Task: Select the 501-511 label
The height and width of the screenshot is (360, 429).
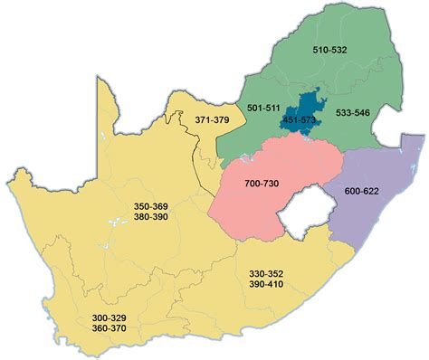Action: pyautogui.click(x=263, y=109)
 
